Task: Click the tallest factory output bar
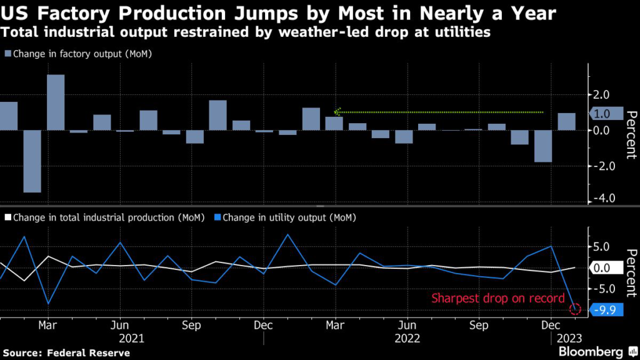pos(56,102)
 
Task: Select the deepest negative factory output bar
pos(32,161)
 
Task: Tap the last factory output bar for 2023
pos(566,121)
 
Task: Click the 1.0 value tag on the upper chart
pos(606,114)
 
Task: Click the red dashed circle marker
pos(576,309)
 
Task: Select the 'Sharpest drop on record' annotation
pos(498,298)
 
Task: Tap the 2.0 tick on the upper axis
pos(602,95)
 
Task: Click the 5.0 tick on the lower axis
pos(602,247)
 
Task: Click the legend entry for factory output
pos(79,54)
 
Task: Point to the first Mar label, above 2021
pos(48,326)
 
